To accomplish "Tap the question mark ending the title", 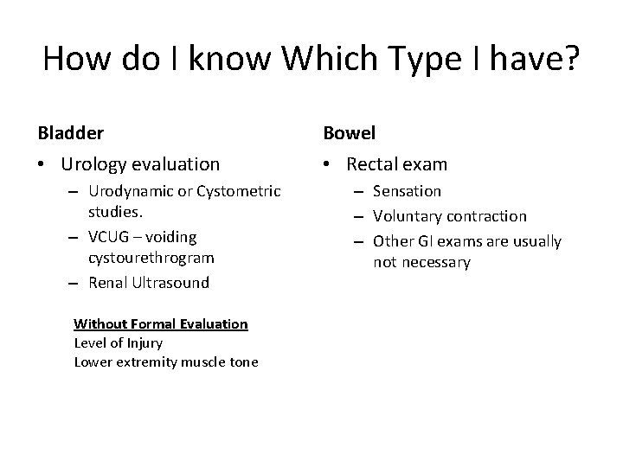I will point(572,59).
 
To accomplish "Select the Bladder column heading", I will point(71,133).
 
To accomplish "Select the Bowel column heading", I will point(349,133).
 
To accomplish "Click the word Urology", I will point(96,163).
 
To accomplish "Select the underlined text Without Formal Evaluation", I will point(161,324).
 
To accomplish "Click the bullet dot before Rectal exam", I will point(330,164).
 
